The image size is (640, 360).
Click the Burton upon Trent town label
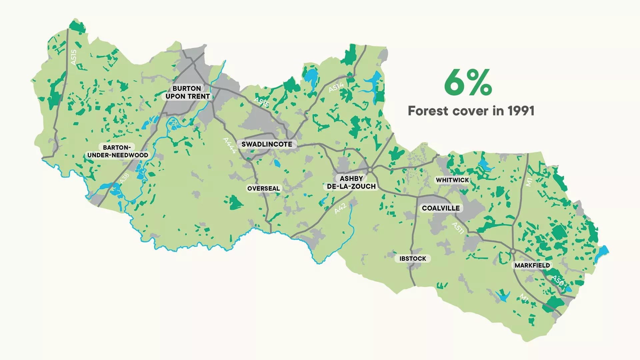coord(187,92)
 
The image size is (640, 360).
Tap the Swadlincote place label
coord(267,144)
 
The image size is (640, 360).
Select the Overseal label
coord(263,189)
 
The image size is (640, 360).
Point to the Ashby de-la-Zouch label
coord(351,183)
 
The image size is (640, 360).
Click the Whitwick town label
coord(452,180)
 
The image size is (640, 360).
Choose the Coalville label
coord(441,208)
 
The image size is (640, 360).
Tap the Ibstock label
coord(413,259)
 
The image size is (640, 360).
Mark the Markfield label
coord(532,265)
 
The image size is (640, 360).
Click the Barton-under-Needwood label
coord(117,151)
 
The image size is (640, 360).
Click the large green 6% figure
coord(468,83)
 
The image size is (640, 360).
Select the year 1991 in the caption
coord(521,111)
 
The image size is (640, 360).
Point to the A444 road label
coord(230,145)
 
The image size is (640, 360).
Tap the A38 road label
coord(124,178)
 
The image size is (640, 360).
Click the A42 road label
coord(340,209)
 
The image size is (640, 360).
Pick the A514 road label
coord(336,87)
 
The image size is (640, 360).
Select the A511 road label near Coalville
coord(458,228)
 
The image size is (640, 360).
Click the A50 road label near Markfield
coord(557,280)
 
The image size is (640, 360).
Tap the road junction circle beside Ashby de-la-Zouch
coord(370,170)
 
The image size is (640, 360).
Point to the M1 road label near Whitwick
coord(529,182)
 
